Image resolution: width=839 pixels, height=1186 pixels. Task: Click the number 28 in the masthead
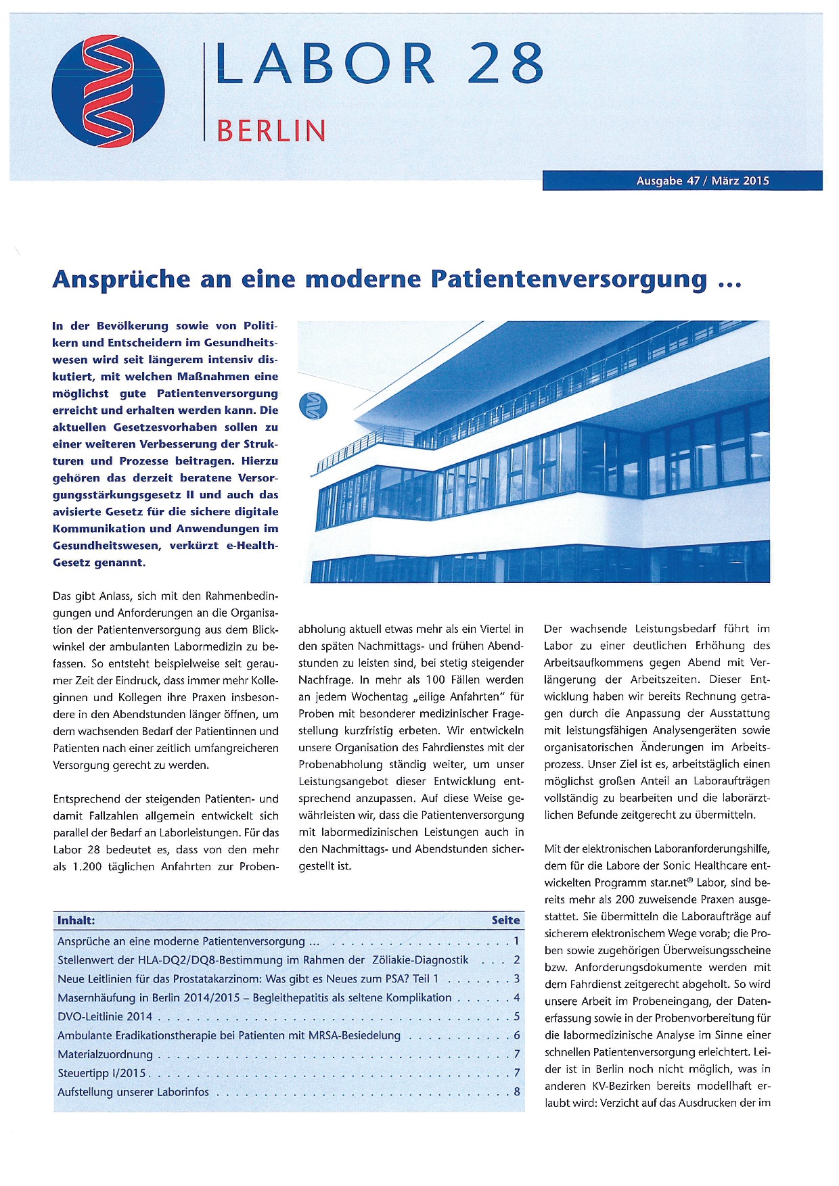coord(505,64)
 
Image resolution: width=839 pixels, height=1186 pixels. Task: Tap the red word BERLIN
coord(271,131)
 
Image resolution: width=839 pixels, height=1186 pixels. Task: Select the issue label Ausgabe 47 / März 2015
coord(702,181)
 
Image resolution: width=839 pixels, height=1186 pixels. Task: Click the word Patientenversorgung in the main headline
coord(568,279)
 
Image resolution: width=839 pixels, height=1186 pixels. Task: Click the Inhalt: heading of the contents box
coord(76,920)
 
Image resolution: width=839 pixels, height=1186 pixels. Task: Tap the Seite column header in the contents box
coord(505,920)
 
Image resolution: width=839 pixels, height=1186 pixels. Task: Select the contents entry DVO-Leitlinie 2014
coord(105,1016)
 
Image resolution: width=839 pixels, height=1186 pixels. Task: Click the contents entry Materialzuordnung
coord(105,1054)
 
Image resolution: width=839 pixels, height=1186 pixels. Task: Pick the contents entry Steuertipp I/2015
coord(101,1073)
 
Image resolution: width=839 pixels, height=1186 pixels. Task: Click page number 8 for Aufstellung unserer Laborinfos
coord(517,1092)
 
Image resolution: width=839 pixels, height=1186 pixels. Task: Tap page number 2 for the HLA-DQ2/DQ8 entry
coord(517,960)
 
